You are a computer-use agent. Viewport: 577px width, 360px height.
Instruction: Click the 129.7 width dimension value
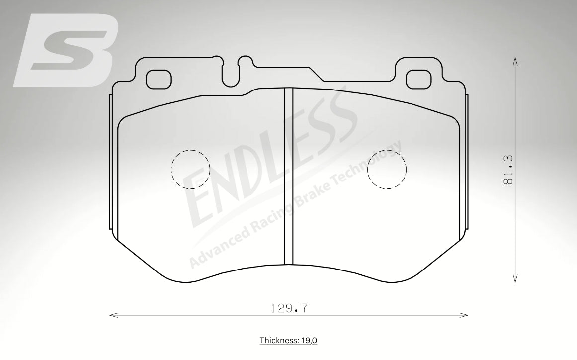coord(289,308)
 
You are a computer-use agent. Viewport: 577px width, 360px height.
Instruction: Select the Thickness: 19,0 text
coord(288,340)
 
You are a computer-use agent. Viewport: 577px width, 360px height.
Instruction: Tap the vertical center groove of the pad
coord(289,176)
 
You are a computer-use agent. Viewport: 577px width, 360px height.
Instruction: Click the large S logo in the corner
coord(66,50)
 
